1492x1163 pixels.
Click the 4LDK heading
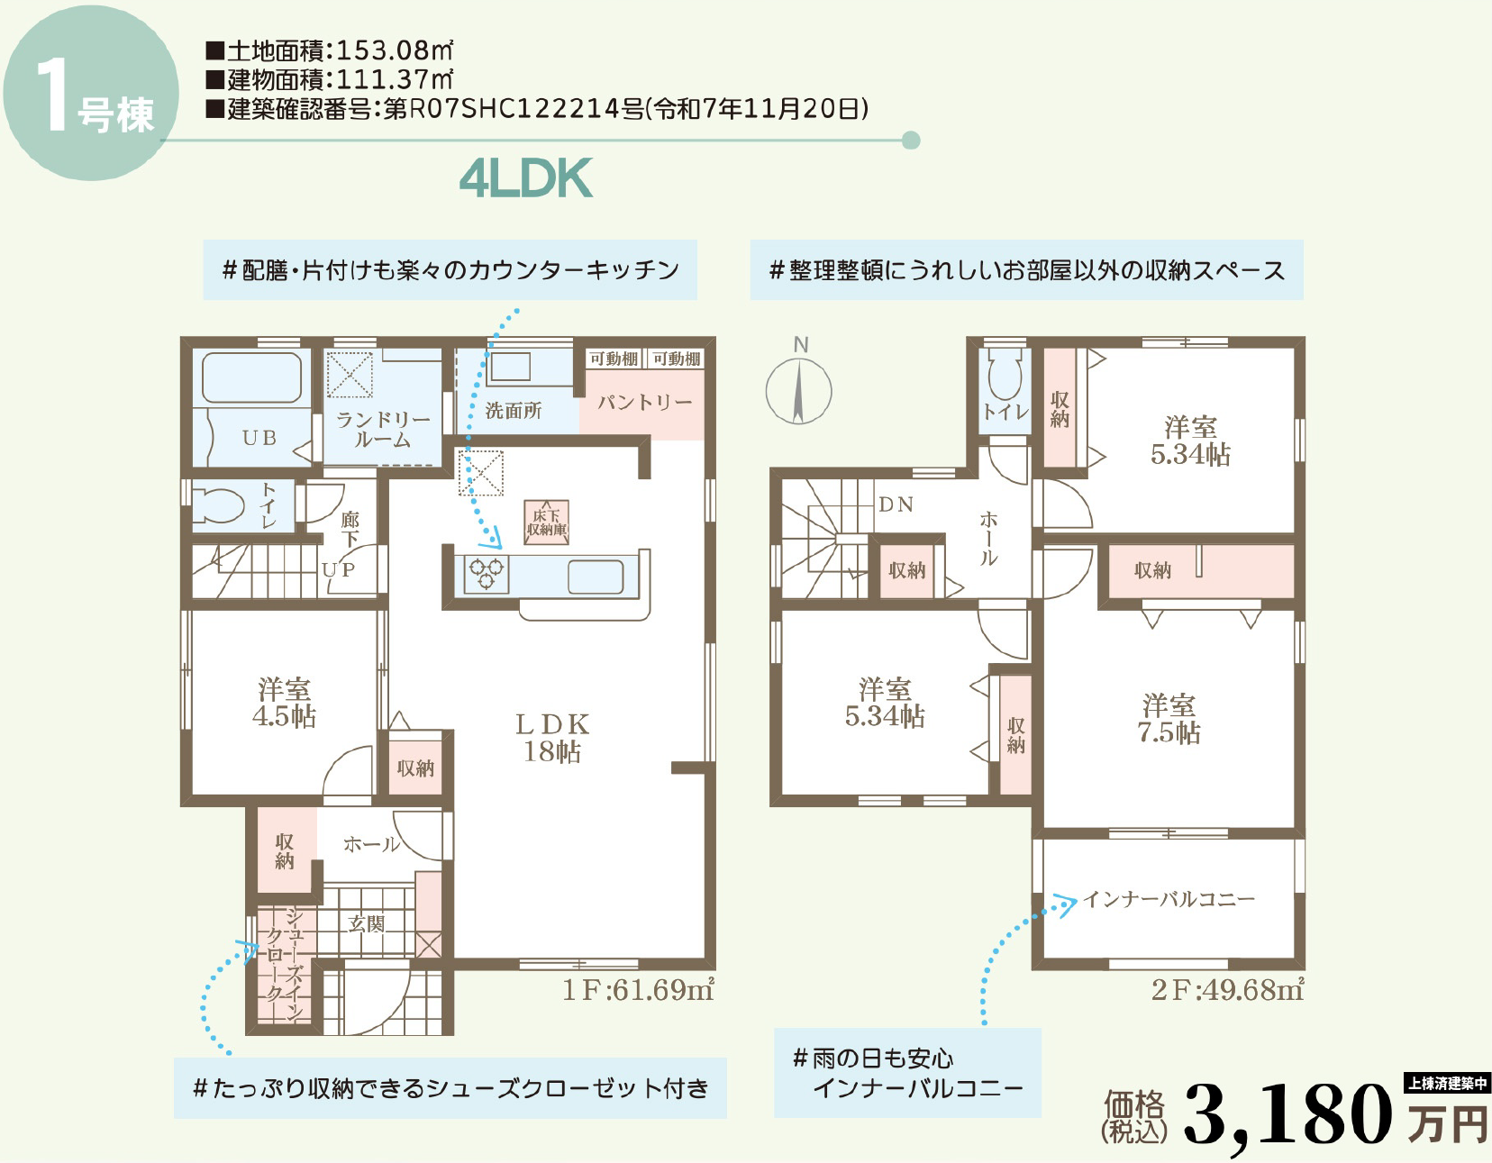[526, 178]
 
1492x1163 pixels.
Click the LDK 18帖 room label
[552, 738]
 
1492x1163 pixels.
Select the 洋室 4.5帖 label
[285, 703]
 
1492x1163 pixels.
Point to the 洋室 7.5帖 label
[1169, 719]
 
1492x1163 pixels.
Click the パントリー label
[644, 403]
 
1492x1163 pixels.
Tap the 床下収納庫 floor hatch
[547, 522]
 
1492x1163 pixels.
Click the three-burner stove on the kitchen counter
[487, 574]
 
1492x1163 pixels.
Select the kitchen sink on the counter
[596, 576]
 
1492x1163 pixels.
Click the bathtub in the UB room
[252, 377]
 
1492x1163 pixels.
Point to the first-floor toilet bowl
[218, 505]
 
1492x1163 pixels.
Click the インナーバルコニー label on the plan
[1169, 899]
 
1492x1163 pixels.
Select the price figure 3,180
[1288, 1114]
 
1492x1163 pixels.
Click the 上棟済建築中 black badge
[1447, 1084]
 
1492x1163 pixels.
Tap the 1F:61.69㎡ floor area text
[639, 990]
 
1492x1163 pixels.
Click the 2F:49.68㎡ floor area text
[1228, 990]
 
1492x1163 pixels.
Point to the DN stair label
[896, 505]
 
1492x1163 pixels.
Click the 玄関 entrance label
[367, 923]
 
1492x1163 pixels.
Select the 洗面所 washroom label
[514, 411]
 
